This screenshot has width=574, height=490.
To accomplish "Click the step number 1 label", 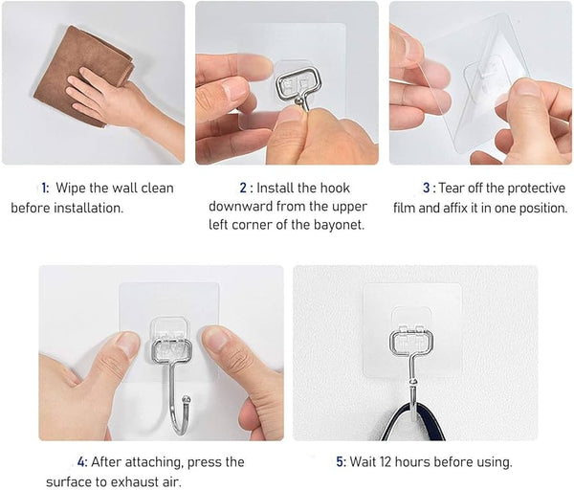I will coord(44,188).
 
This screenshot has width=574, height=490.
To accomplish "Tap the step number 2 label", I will coord(243,188).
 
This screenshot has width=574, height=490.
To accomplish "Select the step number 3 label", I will coord(427,188).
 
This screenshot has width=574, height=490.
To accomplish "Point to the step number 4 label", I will coord(82,461).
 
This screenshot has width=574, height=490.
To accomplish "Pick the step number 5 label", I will coord(341,461).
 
